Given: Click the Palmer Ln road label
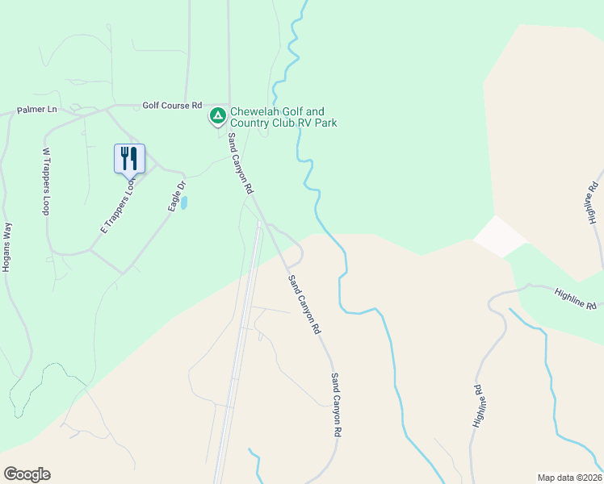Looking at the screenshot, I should pos(37,109).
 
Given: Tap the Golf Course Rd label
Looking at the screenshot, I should pos(172,105).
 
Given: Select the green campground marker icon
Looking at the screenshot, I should pos(217,116).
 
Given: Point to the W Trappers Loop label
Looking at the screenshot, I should pos(46,181).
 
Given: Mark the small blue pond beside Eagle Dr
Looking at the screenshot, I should pos(185,202).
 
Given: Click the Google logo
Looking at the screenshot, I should pos(27,474).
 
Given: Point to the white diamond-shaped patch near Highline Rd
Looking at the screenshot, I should pos(499,236).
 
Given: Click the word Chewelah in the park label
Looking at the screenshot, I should pos(256,111).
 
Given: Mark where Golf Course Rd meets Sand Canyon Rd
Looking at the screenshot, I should pos(229,106).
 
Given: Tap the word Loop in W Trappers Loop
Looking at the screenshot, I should pos(46,202).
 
